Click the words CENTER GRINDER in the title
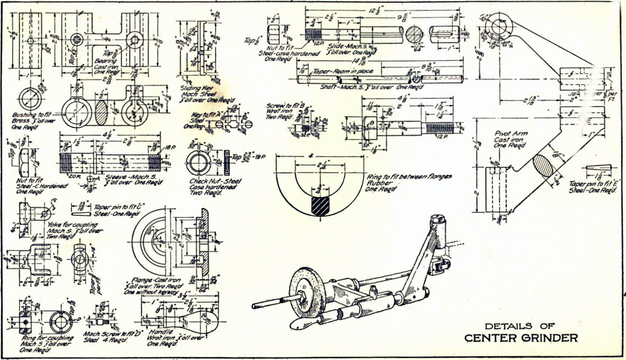(x=521, y=338)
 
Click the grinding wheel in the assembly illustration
(x=302, y=292)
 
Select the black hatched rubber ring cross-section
(x=320, y=206)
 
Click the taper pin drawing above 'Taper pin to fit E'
(x=598, y=169)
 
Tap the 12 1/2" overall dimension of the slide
(x=381, y=10)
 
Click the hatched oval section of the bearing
(x=101, y=113)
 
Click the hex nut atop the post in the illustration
(x=437, y=219)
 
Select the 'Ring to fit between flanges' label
(x=409, y=177)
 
